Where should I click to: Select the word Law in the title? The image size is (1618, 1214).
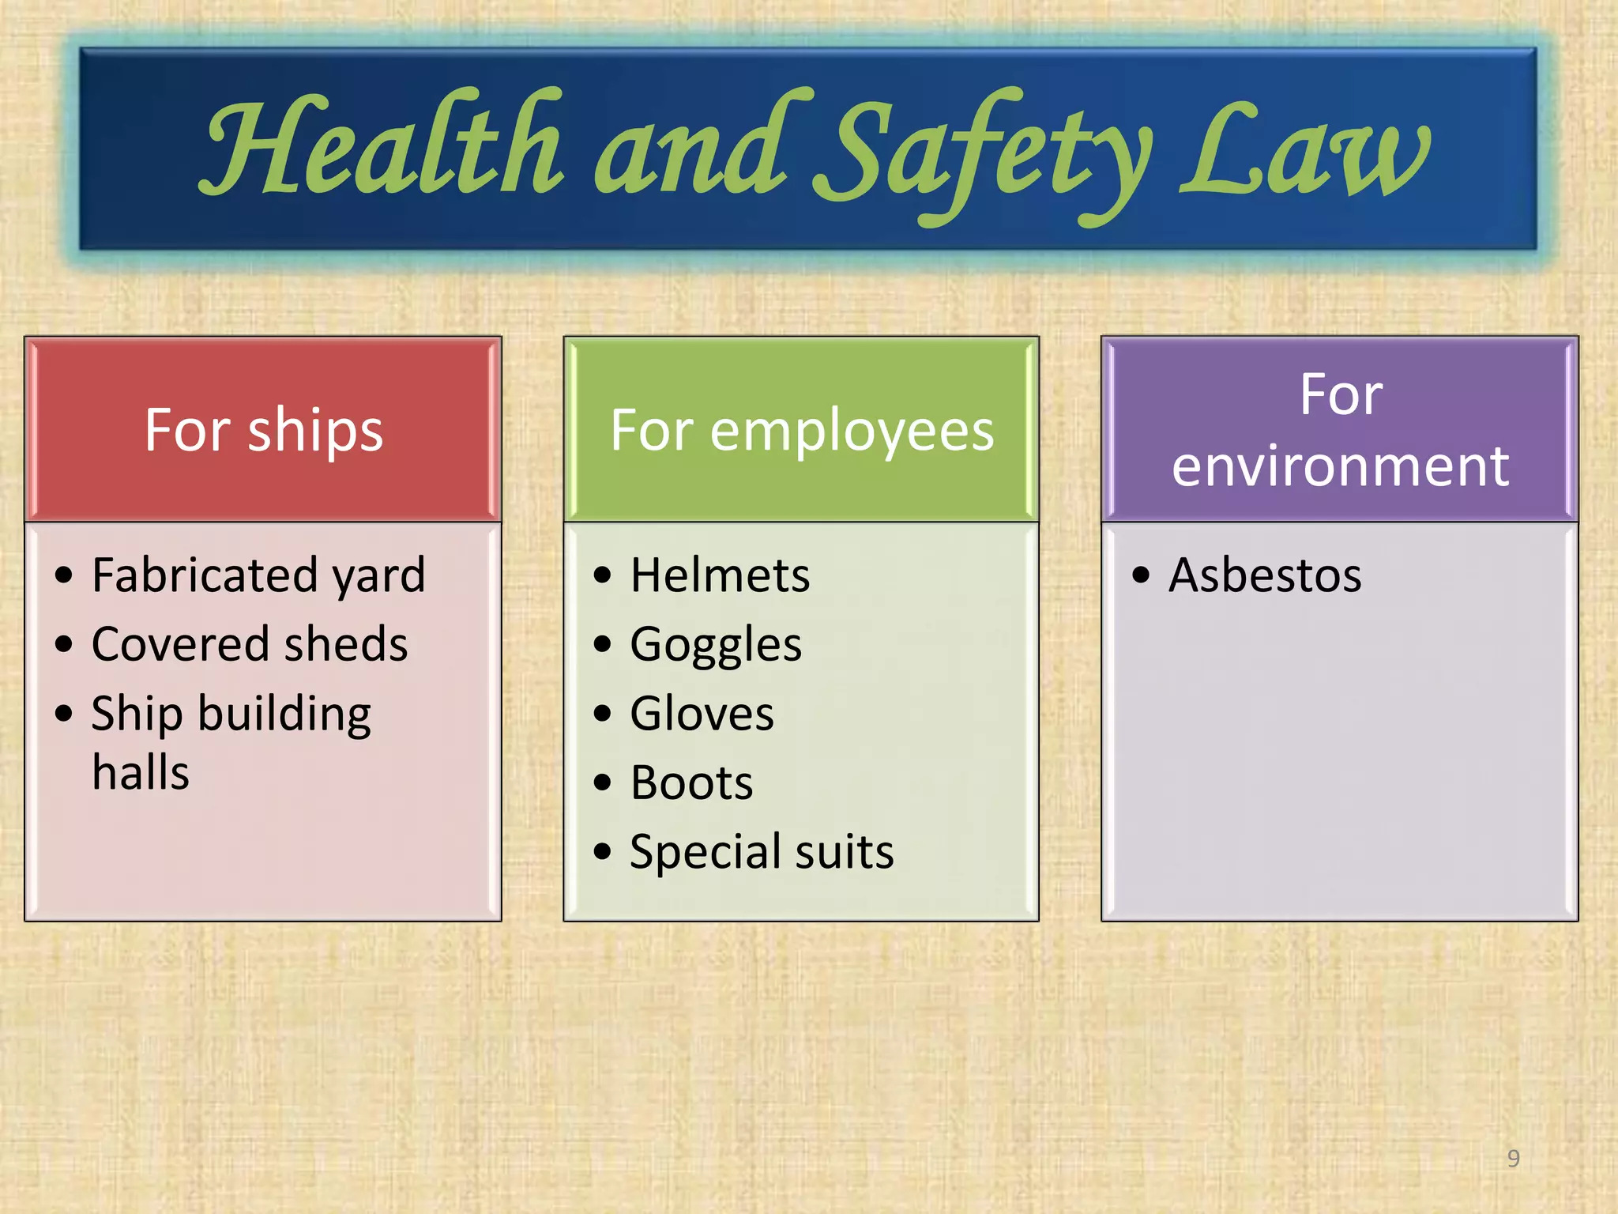coord(1304,150)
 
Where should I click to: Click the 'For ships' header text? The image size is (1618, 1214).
coord(264,431)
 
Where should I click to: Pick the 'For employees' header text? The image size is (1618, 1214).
coord(802,431)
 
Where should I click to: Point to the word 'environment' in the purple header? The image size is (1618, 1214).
coord(1341,466)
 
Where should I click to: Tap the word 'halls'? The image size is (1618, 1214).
coord(141,772)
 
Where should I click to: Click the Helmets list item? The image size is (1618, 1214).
coord(720,575)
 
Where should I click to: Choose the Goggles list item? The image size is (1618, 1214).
coord(716,644)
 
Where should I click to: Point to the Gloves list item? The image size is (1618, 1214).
coord(702,714)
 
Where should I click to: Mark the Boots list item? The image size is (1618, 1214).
coord(691,783)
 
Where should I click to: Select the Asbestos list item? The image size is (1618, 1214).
coord(1265,575)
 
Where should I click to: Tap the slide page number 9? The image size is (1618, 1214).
coord(1513,1159)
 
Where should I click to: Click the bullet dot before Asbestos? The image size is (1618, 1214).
coord(1140,575)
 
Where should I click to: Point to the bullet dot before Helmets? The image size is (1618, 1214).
coord(602,575)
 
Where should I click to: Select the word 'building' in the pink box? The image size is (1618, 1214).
coord(284,714)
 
